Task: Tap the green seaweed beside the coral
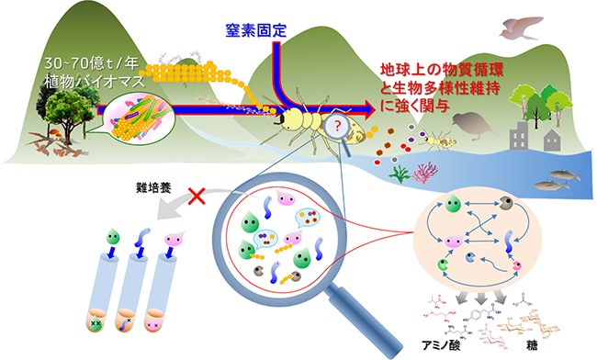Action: (x=398, y=172)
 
